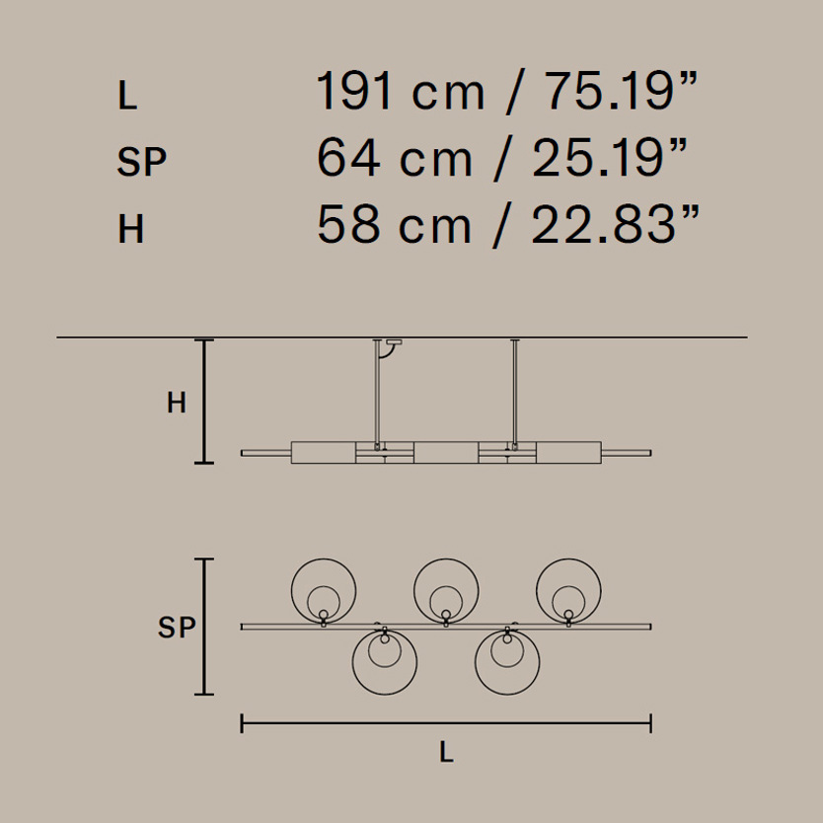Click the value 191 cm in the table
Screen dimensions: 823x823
click(401, 91)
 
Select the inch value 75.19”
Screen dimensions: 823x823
click(622, 91)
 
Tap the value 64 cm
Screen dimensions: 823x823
click(395, 158)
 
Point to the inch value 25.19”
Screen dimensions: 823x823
click(610, 158)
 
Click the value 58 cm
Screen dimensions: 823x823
click(395, 224)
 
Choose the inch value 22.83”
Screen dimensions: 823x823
click(616, 224)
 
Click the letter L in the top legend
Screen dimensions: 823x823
click(127, 96)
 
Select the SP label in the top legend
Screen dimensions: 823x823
click(142, 162)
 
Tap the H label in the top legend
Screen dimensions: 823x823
click(130, 229)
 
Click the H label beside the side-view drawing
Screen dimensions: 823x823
click(177, 403)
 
